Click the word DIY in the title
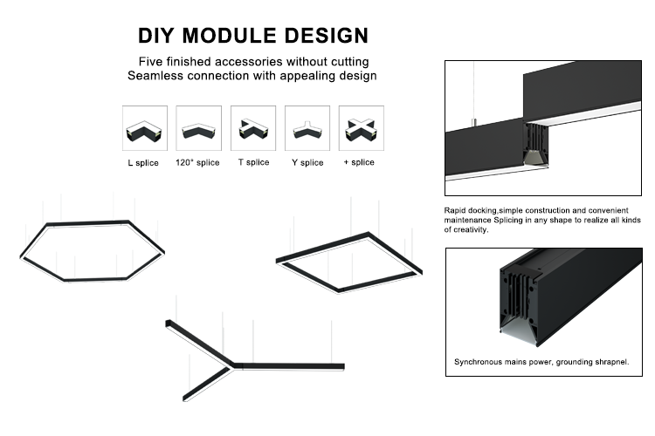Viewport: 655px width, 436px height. pyautogui.click(x=158, y=36)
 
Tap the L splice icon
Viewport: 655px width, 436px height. pyautogui.click(x=144, y=129)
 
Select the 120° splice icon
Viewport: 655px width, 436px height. pyautogui.click(x=198, y=129)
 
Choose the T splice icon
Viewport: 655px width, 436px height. pyautogui.click(x=253, y=129)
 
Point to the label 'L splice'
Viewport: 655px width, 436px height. pyautogui.click(x=143, y=163)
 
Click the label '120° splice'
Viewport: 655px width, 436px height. pyautogui.click(x=197, y=163)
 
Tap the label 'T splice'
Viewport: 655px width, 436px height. pyautogui.click(x=253, y=162)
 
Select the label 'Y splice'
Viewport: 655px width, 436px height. pyautogui.click(x=307, y=163)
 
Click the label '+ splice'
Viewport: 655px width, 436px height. pyautogui.click(x=360, y=162)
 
